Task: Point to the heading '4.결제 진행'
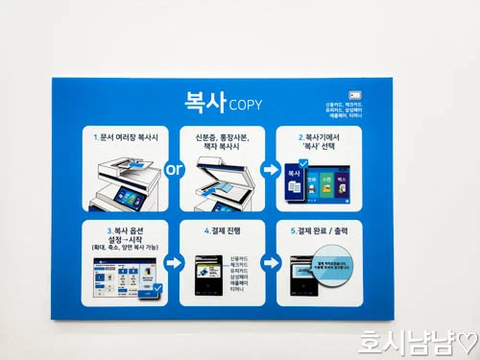pos(222,230)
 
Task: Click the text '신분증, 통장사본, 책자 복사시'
pos(222,141)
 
